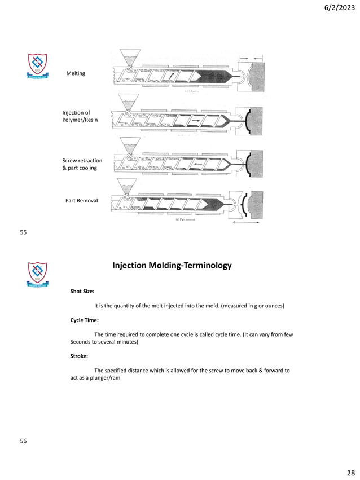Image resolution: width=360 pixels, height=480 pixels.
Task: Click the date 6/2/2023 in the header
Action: pyautogui.click(x=336, y=7)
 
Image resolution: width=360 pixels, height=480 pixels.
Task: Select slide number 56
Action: pyautogui.click(x=23, y=441)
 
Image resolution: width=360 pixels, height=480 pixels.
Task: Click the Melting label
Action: pyautogui.click(x=76, y=73)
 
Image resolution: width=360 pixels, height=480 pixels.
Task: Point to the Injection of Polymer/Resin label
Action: pyautogui.click(x=80, y=117)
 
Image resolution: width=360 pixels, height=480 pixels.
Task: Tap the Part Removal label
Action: pyautogui.click(x=82, y=200)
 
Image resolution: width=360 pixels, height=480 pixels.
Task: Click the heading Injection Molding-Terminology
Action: pyautogui.click(x=172, y=265)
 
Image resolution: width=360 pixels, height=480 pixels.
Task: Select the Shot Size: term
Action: pyautogui.click(x=82, y=292)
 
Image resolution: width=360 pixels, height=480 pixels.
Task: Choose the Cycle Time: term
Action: pyautogui.click(x=84, y=320)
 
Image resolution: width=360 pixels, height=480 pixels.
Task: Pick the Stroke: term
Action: pyautogui.click(x=80, y=356)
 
